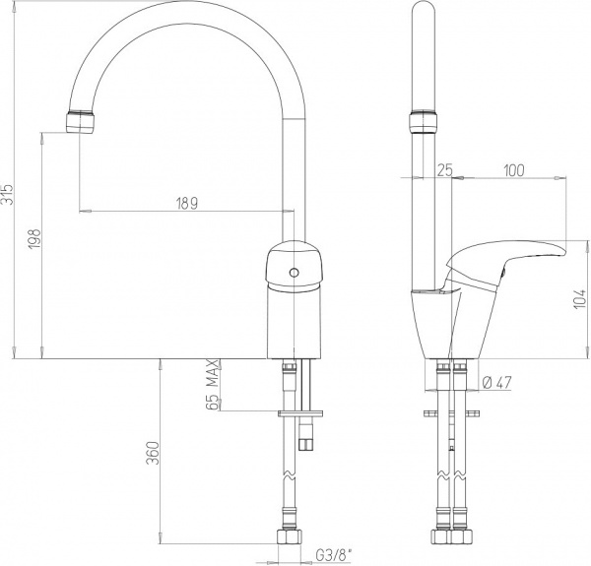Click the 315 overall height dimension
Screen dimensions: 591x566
(x=8, y=194)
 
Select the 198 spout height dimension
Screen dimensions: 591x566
(x=34, y=239)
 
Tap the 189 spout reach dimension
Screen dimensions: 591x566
(x=187, y=204)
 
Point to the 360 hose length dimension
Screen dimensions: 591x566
(x=153, y=453)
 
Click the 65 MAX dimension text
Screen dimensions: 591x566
(x=213, y=385)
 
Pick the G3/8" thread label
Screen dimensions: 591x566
(x=333, y=554)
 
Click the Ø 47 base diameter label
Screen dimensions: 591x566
(x=496, y=383)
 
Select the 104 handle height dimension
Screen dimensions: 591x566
(x=580, y=299)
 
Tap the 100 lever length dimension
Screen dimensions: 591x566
(x=514, y=170)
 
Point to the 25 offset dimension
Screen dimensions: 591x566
(x=445, y=170)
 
